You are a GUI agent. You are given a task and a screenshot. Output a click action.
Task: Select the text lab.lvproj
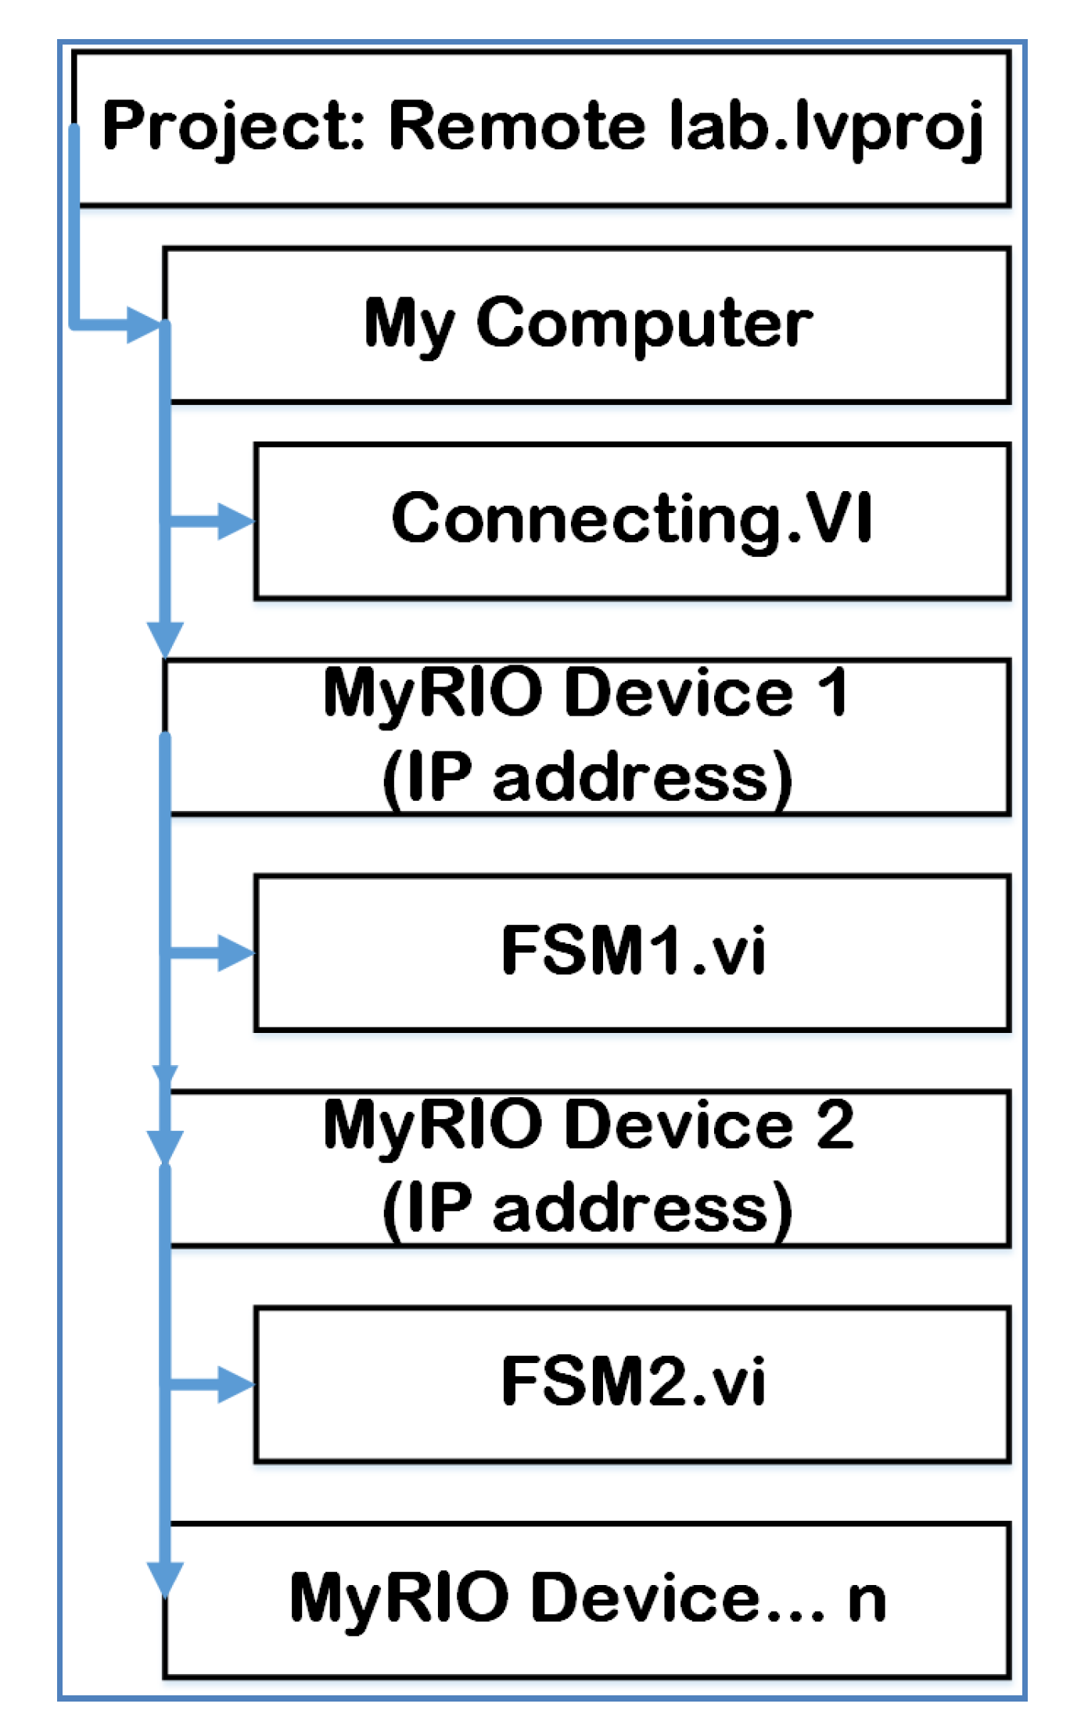point(826,127)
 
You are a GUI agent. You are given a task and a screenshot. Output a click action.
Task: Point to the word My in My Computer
point(409,324)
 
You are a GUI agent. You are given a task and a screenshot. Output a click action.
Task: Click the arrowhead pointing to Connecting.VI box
point(234,521)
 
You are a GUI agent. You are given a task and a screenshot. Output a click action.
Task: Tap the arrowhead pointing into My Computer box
point(144,324)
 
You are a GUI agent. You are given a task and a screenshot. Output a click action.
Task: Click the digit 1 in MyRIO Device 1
point(832,692)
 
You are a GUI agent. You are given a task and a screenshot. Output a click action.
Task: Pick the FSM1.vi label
point(633,950)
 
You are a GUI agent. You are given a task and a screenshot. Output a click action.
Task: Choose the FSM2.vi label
point(633,1382)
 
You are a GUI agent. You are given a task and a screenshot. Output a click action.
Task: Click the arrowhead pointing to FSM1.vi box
point(234,952)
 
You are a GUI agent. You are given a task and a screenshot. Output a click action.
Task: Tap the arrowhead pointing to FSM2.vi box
point(234,1384)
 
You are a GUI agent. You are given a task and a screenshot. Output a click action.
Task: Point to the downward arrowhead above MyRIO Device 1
point(165,637)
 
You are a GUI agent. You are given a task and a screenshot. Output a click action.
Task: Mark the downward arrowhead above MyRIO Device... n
point(165,1577)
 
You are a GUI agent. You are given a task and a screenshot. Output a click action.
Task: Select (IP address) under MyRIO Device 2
point(587,1208)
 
